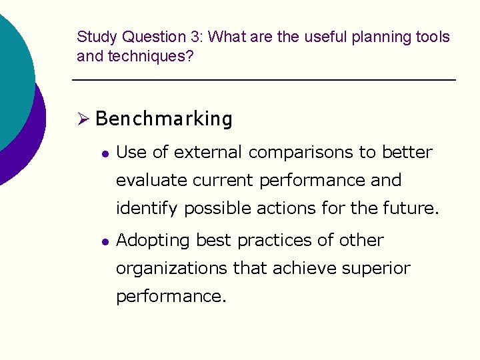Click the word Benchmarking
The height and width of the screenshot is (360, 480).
164,119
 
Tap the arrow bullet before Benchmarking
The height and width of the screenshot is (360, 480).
83,119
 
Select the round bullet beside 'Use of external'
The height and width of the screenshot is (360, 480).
104,153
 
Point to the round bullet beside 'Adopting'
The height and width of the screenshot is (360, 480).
104,241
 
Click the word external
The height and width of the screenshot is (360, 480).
207,153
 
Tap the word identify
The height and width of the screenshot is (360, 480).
147,209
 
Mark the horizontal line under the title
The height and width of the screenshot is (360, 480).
263,81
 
